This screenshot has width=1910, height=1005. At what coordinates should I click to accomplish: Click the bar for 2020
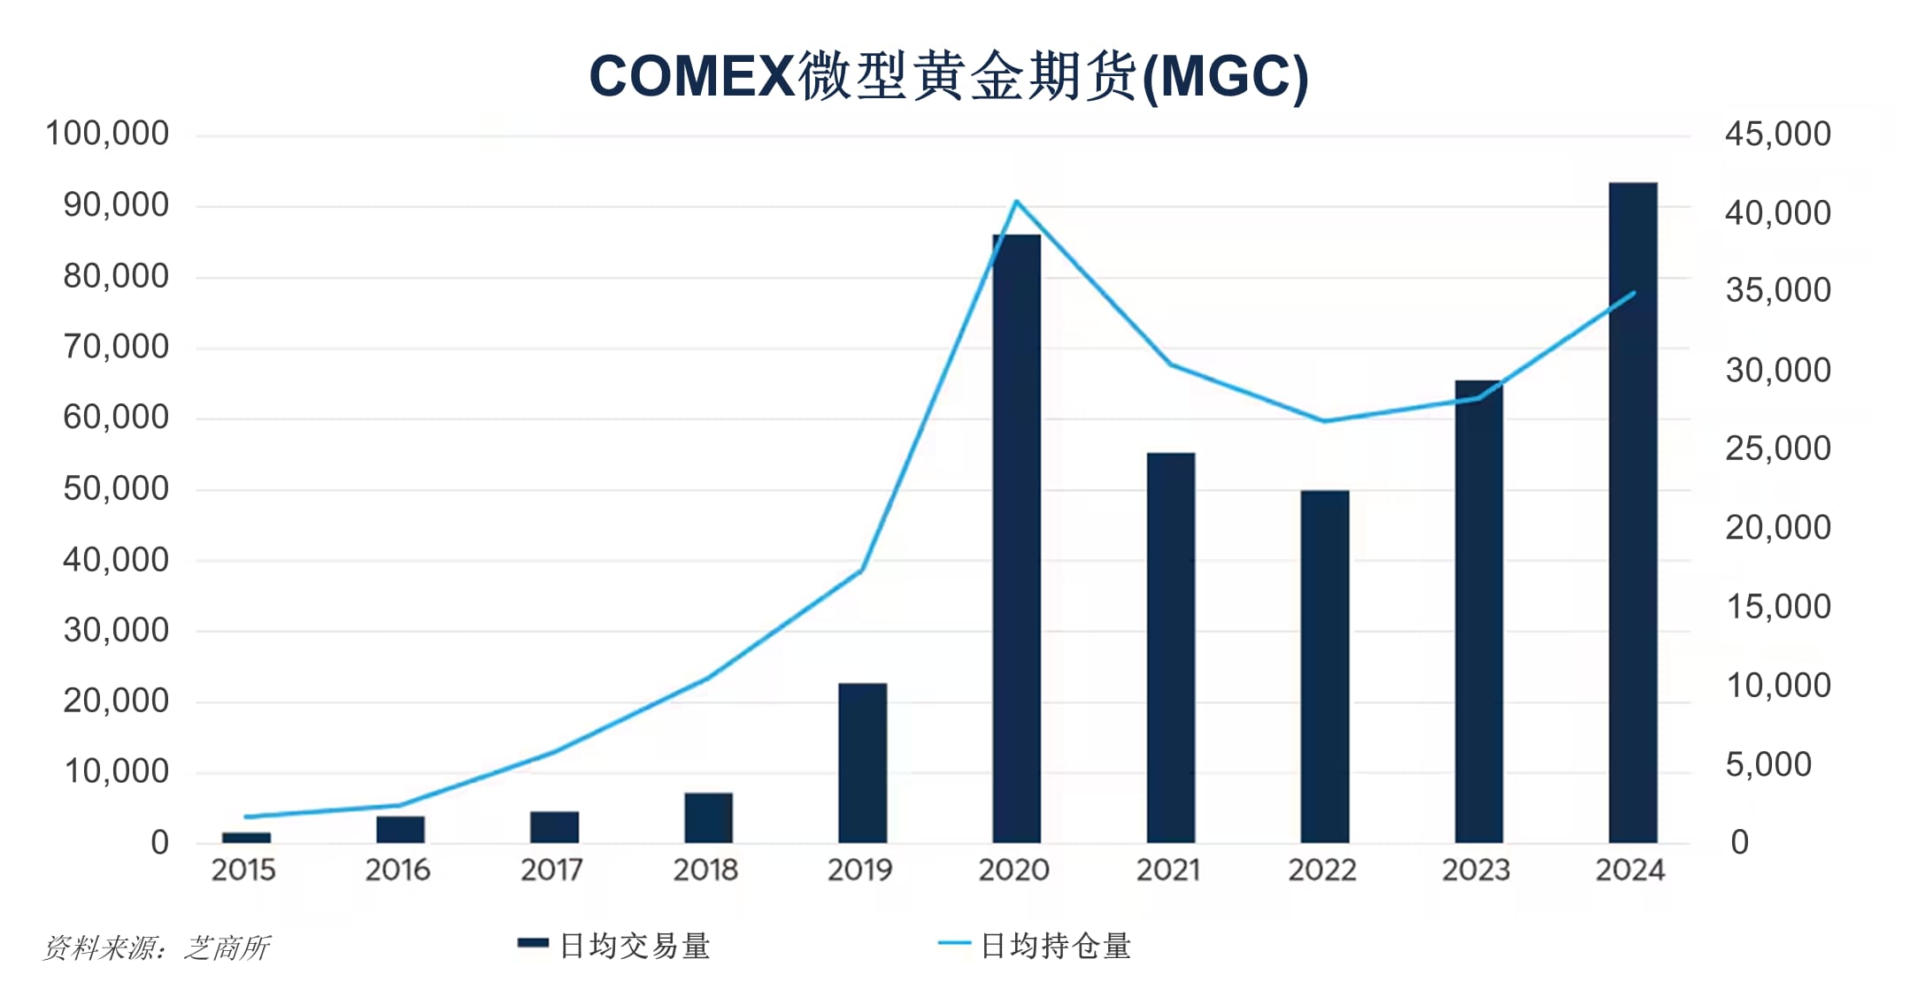(1016, 540)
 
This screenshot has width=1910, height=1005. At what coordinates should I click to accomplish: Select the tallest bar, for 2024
(1632, 513)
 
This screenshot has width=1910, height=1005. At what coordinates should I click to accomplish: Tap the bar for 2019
(862, 763)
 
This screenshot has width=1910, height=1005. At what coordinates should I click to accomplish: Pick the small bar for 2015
(246, 837)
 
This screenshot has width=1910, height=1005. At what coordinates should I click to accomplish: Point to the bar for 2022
(1324, 666)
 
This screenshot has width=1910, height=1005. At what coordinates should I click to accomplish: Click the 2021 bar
(1170, 648)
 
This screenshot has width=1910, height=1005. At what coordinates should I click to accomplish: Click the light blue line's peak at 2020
(1016, 202)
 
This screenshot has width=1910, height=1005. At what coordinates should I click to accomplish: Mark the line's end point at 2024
(1633, 293)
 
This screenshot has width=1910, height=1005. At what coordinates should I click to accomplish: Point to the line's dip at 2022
(1324, 421)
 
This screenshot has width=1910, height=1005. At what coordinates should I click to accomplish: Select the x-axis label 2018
(705, 871)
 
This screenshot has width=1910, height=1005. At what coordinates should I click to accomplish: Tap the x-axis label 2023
(1475, 871)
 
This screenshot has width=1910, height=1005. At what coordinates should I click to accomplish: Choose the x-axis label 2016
(397, 871)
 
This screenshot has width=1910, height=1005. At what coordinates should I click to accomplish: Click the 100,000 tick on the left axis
(107, 134)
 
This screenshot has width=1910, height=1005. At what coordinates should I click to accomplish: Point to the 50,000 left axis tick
(116, 489)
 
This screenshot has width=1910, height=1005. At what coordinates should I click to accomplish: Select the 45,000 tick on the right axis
(1777, 134)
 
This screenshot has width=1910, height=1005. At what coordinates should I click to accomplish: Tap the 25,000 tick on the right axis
(1777, 449)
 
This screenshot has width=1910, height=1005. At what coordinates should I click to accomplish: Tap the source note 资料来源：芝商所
(156, 948)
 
